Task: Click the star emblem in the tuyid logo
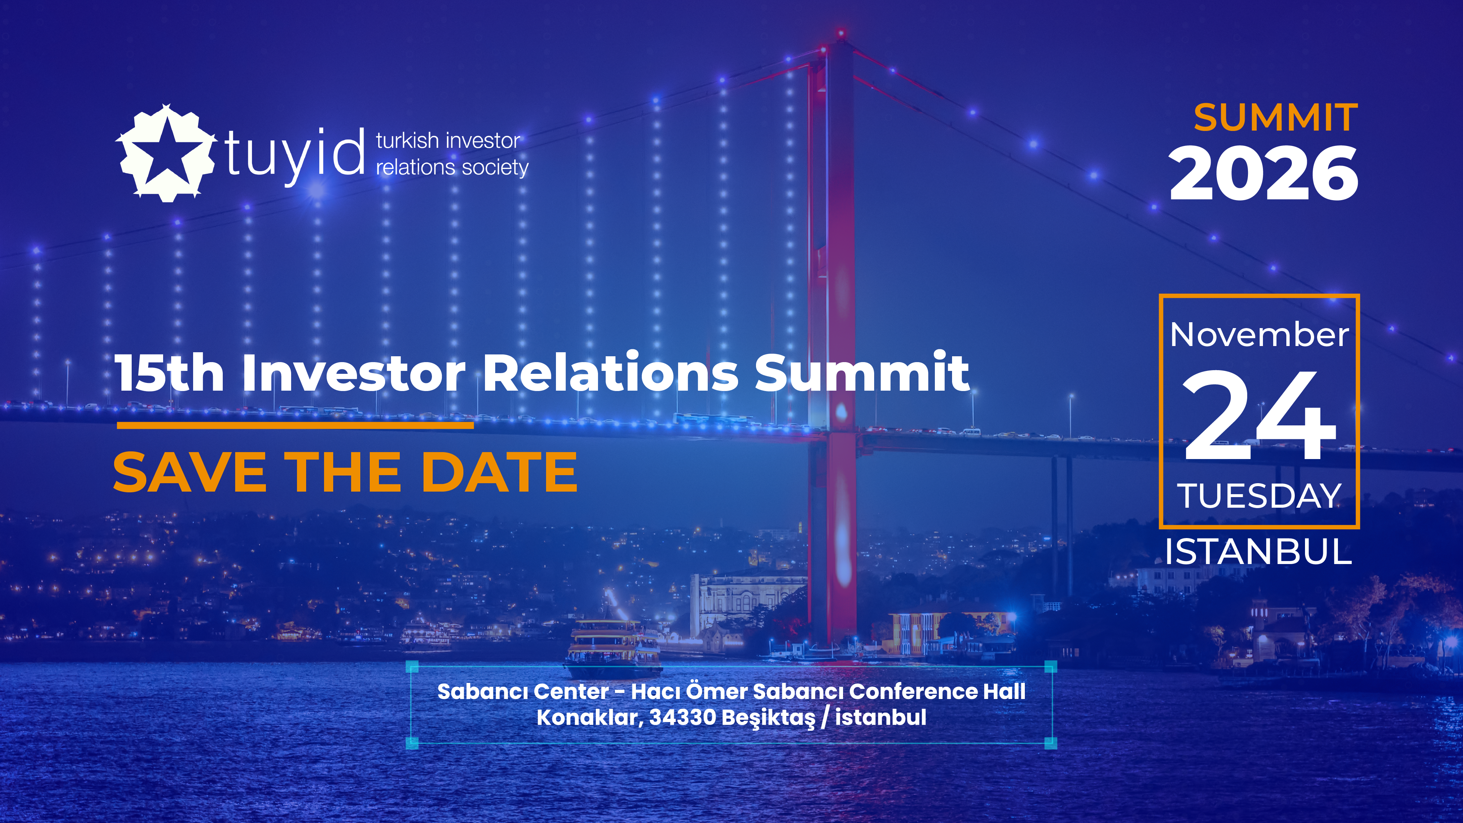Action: [x=166, y=153]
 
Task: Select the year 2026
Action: [x=1264, y=173]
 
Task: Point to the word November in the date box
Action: [x=1259, y=335]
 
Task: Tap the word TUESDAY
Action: [x=1259, y=496]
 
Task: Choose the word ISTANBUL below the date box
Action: [x=1259, y=552]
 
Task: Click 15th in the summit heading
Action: [x=169, y=373]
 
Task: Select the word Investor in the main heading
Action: [x=354, y=373]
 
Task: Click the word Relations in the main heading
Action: [x=610, y=373]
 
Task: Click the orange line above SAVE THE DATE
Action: [x=295, y=425]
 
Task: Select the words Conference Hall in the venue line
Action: [x=938, y=692]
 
